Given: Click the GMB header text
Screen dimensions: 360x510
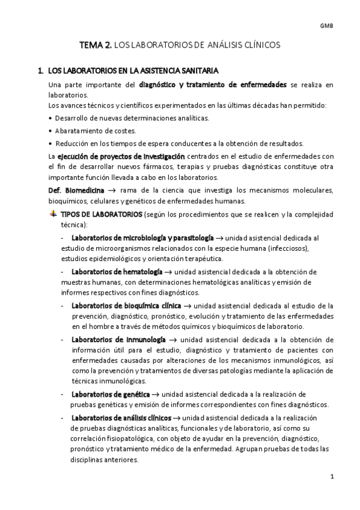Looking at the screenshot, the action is [x=327, y=25].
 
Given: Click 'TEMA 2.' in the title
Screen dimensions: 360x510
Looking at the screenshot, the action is [x=96, y=45].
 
